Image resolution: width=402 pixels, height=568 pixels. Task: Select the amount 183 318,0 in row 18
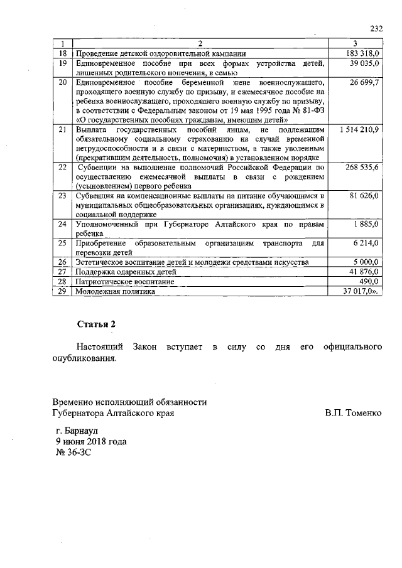[362, 54]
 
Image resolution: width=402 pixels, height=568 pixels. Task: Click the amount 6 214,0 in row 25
[366, 243]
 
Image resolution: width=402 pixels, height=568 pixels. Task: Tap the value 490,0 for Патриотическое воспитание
[369, 282]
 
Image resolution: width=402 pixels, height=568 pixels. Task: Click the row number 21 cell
[62, 129]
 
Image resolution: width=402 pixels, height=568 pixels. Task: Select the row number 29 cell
[62, 291]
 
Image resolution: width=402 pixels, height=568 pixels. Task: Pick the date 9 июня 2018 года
[91, 441]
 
